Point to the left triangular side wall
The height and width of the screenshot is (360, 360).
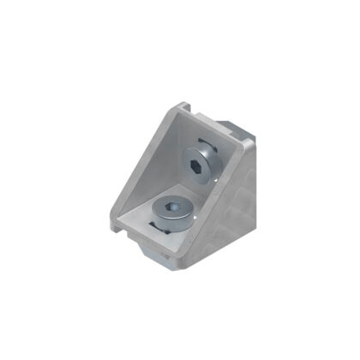coord(146,171)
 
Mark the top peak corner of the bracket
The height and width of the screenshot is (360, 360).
coord(183,106)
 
